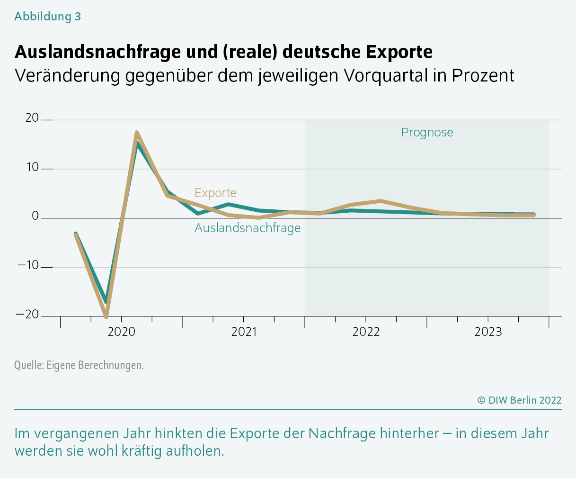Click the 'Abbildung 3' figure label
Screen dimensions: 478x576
click(x=47, y=17)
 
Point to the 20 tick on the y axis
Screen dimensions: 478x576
click(x=32, y=118)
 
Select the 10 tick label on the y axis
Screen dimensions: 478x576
click(x=32, y=167)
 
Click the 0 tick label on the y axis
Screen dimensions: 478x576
click(x=35, y=216)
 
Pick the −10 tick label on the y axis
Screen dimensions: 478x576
click(x=28, y=265)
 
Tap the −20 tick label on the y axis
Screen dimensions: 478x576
click(x=28, y=315)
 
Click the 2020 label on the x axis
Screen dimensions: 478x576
click(x=122, y=332)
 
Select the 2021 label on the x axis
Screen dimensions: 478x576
click(x=244, y=332)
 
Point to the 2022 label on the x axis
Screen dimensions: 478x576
click(x=366, y=332)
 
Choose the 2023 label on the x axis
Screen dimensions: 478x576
click(x=488, y=332)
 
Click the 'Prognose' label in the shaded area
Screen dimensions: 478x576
click(x=427, y=133)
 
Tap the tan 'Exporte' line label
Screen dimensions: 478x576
click(x=215, y=193)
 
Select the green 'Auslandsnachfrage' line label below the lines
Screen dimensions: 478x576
click(x=248, y=228)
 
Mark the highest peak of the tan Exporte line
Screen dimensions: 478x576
click(x=136, y=133)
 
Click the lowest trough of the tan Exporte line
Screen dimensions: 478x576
click(x=106, y=316)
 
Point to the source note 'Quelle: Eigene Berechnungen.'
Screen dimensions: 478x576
click(x=79, y=365)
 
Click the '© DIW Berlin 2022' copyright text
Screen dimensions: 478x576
click(x=519, y=400)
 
